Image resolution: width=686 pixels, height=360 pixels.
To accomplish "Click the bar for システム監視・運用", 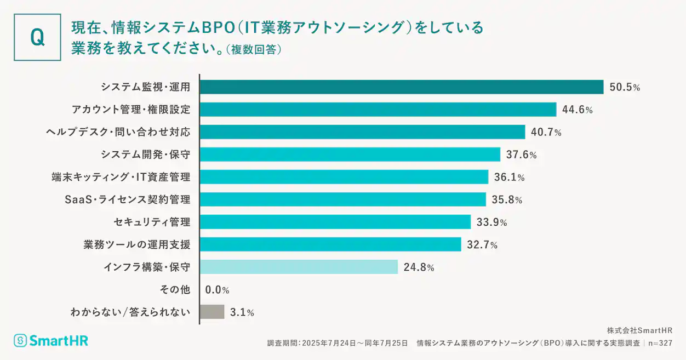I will tap(401, 87).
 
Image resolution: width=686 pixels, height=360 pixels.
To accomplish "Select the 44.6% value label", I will tap(577, 110).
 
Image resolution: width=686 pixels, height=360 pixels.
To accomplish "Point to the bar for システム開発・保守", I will tap(350, 155).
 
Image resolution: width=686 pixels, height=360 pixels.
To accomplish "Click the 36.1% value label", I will tap(509, 177).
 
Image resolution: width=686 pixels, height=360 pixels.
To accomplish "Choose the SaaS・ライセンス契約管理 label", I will tap(127, 199).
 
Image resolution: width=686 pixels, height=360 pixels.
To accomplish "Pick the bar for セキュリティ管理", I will tap(335, 222).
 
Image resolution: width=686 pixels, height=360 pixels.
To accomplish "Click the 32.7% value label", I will tap(482, 245).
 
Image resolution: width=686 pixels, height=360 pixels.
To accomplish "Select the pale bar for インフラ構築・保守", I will tap(299, 267).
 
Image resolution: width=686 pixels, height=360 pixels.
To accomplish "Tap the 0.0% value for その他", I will tap(217, 290).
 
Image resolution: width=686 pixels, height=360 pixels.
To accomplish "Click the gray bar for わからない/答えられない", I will tap(212, 312).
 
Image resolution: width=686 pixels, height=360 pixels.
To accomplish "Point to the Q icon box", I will tap(37, 37).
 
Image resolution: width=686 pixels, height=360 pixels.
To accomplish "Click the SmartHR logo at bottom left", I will tap(51, 340).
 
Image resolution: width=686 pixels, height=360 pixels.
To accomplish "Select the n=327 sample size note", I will tap(659, 343).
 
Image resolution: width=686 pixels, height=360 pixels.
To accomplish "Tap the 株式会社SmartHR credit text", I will tap(639, 330).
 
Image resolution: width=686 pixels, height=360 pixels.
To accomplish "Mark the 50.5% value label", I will tap(624, 87).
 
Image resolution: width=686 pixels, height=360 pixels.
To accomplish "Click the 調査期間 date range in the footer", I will tap(338, 343).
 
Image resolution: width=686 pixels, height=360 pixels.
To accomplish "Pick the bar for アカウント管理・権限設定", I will tap(378, 110).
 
